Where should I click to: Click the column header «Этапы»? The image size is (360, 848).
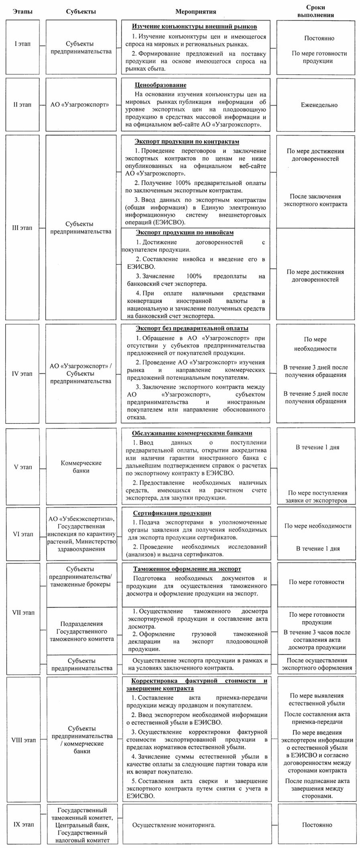[x=22, y=12]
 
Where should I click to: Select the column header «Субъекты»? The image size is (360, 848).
[x=81, y=12]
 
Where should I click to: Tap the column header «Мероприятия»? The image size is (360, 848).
[x=195, y=12]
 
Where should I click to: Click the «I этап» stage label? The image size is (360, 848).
[x=22, y=44]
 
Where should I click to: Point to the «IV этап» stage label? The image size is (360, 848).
[x=22, y=373]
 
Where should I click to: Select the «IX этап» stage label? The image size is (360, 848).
[x=23, y=824]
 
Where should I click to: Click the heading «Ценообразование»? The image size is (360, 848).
[x=161, y=85]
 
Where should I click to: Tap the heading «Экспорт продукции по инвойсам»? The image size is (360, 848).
[x=185, y=232]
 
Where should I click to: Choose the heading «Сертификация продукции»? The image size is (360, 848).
[x=172, y=513]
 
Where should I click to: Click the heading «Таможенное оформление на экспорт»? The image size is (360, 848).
[x=187, y=569]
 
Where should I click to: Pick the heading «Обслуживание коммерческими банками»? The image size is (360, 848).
[x=192, y=433]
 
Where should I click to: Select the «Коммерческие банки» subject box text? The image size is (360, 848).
[x=81, y=467]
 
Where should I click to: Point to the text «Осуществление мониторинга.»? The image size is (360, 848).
[x=174, y=825]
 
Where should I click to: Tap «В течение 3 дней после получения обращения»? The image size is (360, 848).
[x=315, y=371]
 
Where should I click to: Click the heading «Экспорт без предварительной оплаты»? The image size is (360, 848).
[x=192, y=328]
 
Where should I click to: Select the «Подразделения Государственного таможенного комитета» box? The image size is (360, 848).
[x=81, y=631]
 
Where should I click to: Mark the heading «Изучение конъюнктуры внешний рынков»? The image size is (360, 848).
[x=194, y=26]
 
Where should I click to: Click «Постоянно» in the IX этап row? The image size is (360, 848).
[x=317, y=825]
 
